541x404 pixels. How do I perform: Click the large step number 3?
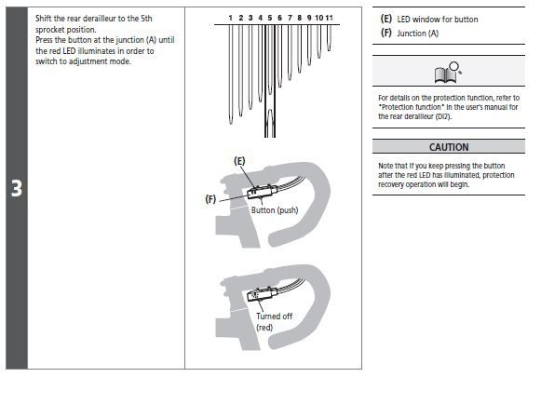17,188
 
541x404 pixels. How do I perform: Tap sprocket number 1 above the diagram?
231,18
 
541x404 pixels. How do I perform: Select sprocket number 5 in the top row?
269,18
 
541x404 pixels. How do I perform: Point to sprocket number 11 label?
329,18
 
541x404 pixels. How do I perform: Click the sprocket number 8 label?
299,18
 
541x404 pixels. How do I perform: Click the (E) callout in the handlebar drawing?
239,161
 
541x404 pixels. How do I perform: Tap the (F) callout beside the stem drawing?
210,199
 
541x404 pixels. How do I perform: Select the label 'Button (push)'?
275,210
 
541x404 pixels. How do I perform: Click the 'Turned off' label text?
275,316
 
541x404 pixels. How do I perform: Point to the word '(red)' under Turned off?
264,327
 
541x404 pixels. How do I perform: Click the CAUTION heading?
449,147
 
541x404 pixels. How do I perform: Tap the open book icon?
448,73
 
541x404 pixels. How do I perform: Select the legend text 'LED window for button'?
438,20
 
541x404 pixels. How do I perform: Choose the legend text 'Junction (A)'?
418,34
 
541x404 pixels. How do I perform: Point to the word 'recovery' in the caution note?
391,184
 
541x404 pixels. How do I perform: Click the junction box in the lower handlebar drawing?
262,294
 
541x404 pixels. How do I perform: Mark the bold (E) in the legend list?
386,19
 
